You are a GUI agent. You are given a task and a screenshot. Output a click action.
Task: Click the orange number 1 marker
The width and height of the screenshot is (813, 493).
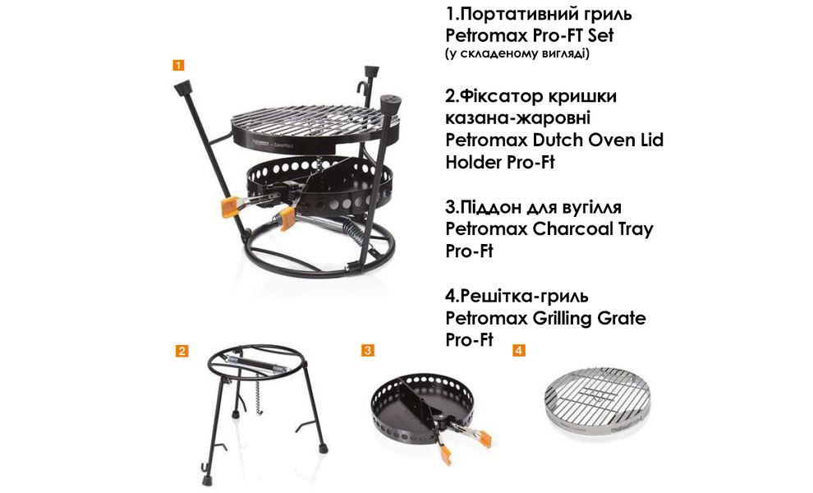(178, 63)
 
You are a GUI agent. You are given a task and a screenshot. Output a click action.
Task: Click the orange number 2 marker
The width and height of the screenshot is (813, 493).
(182, 351)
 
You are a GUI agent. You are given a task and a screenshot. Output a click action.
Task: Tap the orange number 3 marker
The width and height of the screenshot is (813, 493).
(368, 351)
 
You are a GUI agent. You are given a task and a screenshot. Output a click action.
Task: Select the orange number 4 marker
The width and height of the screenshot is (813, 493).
(518, 351)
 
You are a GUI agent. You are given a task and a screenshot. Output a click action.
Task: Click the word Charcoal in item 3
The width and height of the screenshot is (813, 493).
(564, 229)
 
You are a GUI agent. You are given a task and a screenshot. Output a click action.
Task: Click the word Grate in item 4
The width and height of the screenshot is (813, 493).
(618, 317)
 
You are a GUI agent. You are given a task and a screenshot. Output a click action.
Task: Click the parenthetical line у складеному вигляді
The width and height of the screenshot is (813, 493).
(517, 54)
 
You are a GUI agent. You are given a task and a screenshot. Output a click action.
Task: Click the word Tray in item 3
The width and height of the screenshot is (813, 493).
(632, 229)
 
